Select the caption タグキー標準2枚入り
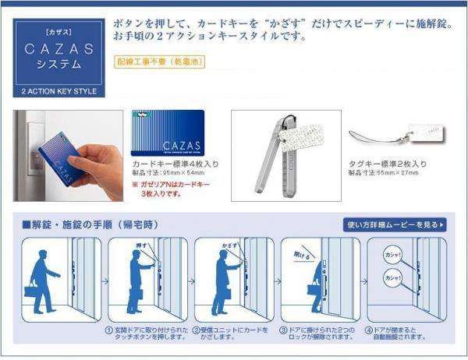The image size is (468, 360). pyautogui.click(x=387, y=164)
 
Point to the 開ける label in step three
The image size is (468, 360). pyautogui.click(x=300, y=254)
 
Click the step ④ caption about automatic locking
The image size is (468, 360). pyautogui.click(x=403, y=333)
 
